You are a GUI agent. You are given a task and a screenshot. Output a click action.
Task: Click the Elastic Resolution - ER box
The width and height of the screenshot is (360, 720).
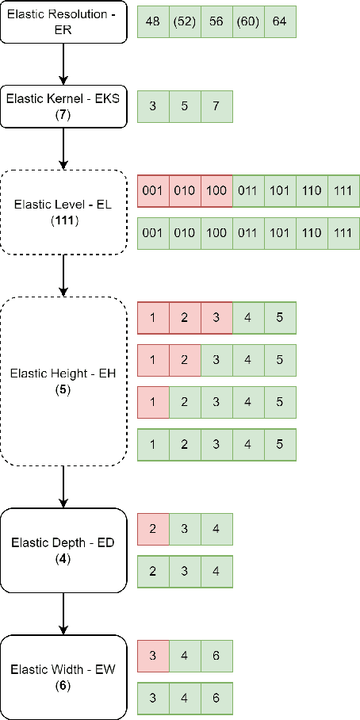pos(63,21)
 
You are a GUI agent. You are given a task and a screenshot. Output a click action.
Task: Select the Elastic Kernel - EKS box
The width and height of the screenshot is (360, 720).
pos(63,105)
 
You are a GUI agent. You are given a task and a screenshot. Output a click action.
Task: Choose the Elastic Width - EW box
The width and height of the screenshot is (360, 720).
pos(63,676)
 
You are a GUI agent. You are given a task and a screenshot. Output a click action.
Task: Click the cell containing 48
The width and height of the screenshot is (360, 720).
pos(153,21)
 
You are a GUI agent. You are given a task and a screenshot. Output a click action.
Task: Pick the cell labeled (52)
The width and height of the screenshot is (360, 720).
pos(185,21)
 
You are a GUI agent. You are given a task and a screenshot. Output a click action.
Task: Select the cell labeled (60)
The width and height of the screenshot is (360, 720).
pos(248,21)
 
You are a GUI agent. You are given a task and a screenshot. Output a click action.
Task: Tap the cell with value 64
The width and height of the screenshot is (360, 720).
pos(280,21)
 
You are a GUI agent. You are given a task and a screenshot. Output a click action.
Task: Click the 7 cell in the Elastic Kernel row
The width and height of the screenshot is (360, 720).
pos(216,106)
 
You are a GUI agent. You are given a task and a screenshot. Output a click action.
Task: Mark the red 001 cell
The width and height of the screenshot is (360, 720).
pos(153,190)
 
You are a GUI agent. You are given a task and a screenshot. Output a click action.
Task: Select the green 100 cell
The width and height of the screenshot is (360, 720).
pos(216,233)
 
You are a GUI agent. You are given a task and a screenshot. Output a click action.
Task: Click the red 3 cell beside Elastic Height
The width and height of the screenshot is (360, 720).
pos(216,318)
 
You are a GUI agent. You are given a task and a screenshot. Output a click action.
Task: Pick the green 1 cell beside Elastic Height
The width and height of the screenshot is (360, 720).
pos(153,445)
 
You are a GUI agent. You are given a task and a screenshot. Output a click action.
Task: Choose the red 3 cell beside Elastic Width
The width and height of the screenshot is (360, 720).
pos(153,657)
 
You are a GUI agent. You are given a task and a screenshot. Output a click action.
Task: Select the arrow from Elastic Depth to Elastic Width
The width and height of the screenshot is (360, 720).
pos(63,613)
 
